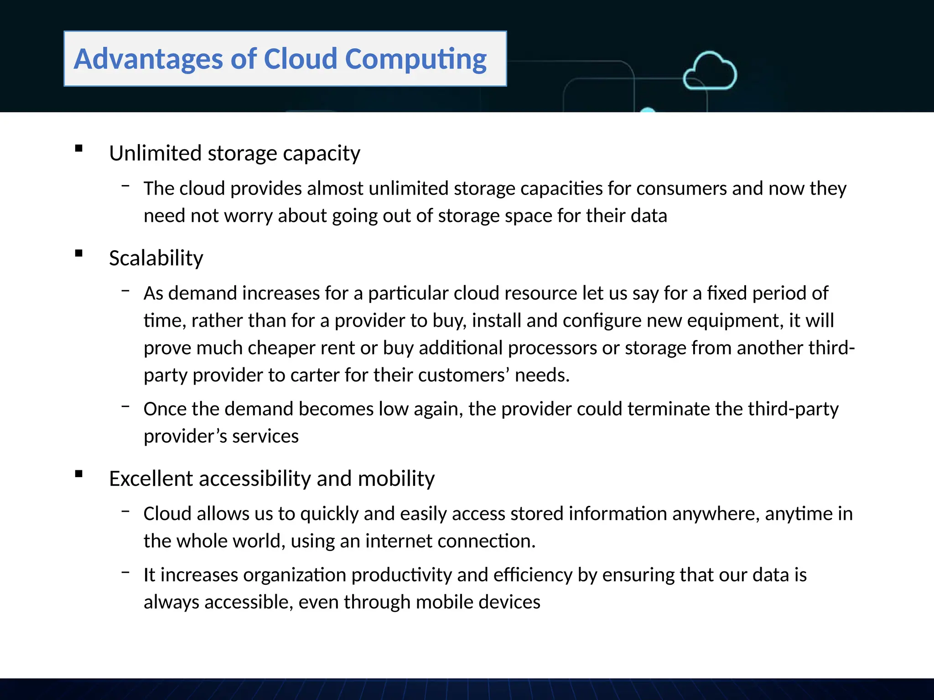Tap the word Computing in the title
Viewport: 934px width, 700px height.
pyautogui.click(x=415, y=59)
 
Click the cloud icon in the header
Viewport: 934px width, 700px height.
pyautogui.click(x=710, y=71)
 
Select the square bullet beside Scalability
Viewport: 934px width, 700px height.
pyautogui.click(x=79, y=253)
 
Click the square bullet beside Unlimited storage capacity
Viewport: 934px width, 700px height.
pyautogui.click(x=79, y=148)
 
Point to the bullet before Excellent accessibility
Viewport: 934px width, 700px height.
pyautogui.click(x=79, y=474)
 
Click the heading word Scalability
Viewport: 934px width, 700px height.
pyautogui.click(x=156, y=258)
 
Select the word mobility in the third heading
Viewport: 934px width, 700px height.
pyautogui.click(x=396, y=479)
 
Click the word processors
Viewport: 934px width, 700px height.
pyautogui.click(x=552, y=348)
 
